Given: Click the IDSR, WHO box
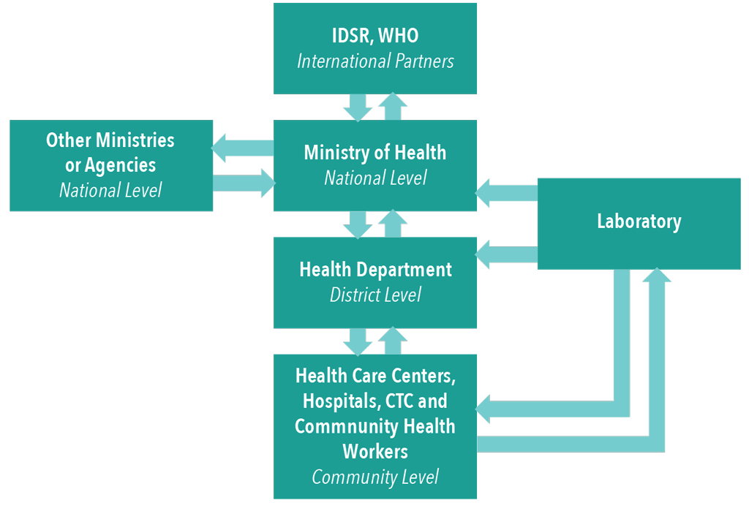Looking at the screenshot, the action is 375,49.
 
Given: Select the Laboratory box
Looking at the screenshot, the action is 639,224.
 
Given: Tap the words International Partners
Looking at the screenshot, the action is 375,61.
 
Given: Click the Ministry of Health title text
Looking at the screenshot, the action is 375,152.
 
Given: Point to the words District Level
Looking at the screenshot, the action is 375,295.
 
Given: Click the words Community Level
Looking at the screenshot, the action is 375,477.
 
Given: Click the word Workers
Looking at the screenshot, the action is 375,451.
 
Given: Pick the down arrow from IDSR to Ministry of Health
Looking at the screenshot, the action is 358,107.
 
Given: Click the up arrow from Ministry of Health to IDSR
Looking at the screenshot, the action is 393,106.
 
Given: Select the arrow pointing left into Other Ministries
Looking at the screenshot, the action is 243,148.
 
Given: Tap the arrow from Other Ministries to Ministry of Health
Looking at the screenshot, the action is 244,183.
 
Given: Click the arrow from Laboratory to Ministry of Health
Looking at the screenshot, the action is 506,193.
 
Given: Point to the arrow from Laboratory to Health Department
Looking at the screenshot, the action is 506,254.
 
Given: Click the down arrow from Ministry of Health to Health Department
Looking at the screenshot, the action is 358,224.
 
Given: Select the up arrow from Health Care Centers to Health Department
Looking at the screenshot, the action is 393,341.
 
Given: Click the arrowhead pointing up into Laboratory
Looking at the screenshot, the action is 657,275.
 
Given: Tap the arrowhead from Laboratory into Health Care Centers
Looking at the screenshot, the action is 483,409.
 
